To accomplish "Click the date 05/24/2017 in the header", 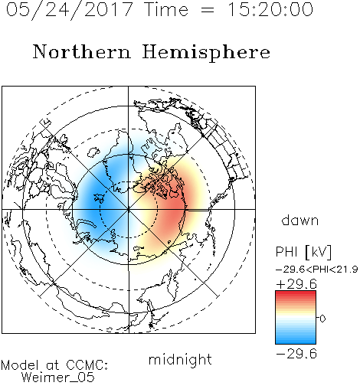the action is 70,9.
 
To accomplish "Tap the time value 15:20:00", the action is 270,9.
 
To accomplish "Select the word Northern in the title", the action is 82,51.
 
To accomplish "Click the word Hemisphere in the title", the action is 206,52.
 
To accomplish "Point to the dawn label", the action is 300,220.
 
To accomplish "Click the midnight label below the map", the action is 180,359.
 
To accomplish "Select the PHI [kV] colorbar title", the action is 303,252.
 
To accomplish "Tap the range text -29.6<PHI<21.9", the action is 316,270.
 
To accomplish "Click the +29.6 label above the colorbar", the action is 296,284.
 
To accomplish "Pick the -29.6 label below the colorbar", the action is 296,354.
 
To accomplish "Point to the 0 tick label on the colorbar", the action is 322,319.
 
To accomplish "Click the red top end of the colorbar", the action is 296,293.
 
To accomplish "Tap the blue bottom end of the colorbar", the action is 296,342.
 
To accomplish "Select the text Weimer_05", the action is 58,378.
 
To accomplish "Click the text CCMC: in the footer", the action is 87,365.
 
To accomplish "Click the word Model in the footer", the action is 20,365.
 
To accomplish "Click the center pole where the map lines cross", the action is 129,209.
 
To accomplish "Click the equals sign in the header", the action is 208,10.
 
